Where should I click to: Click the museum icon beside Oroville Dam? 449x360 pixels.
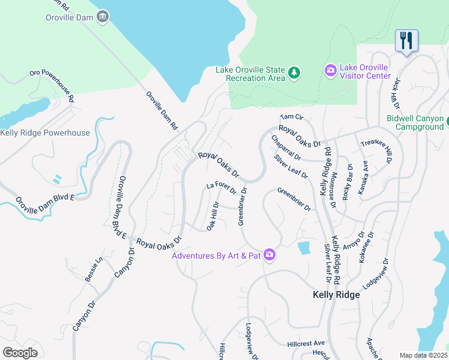(103, 17)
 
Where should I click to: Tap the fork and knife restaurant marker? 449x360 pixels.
(406, 41)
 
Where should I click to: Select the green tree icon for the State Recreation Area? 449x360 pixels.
(294, 73)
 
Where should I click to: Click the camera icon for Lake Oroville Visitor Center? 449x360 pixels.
(330, 71)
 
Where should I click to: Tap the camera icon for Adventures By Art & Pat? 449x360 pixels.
(270, 255)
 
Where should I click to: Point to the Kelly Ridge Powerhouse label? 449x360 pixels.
(45, 133)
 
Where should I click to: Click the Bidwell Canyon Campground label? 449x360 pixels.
(415, 123)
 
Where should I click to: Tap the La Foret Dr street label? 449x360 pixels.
(221, 188)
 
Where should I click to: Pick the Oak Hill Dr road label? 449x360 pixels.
(213, 215)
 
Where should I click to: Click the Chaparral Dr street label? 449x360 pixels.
(286, 148)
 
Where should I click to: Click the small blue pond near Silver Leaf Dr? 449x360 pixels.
(304, 248)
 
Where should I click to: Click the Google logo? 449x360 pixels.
(20, 352)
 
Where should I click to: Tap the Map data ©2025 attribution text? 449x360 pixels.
(423, 355)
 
